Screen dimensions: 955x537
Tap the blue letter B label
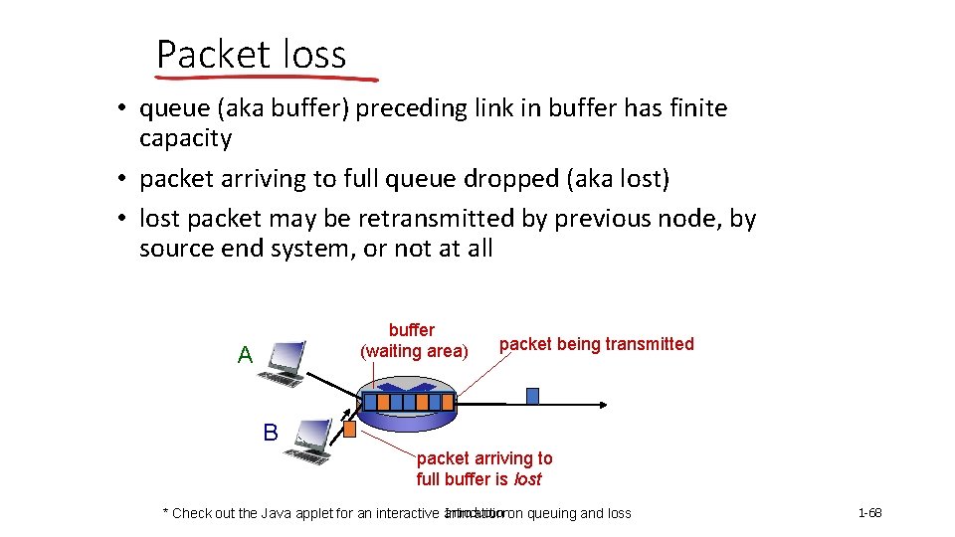[271, 433]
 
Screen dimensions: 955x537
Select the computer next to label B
[309, 441]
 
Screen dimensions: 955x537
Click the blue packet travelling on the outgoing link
[532, 396]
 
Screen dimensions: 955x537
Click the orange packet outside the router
[349, 430]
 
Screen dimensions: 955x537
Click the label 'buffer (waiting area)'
[413, 340]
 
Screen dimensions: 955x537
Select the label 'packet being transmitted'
[596, 344]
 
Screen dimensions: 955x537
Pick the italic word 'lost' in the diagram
[527, 479]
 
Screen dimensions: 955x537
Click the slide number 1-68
[869, 513]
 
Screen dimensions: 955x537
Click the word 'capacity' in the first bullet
[185, 138]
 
